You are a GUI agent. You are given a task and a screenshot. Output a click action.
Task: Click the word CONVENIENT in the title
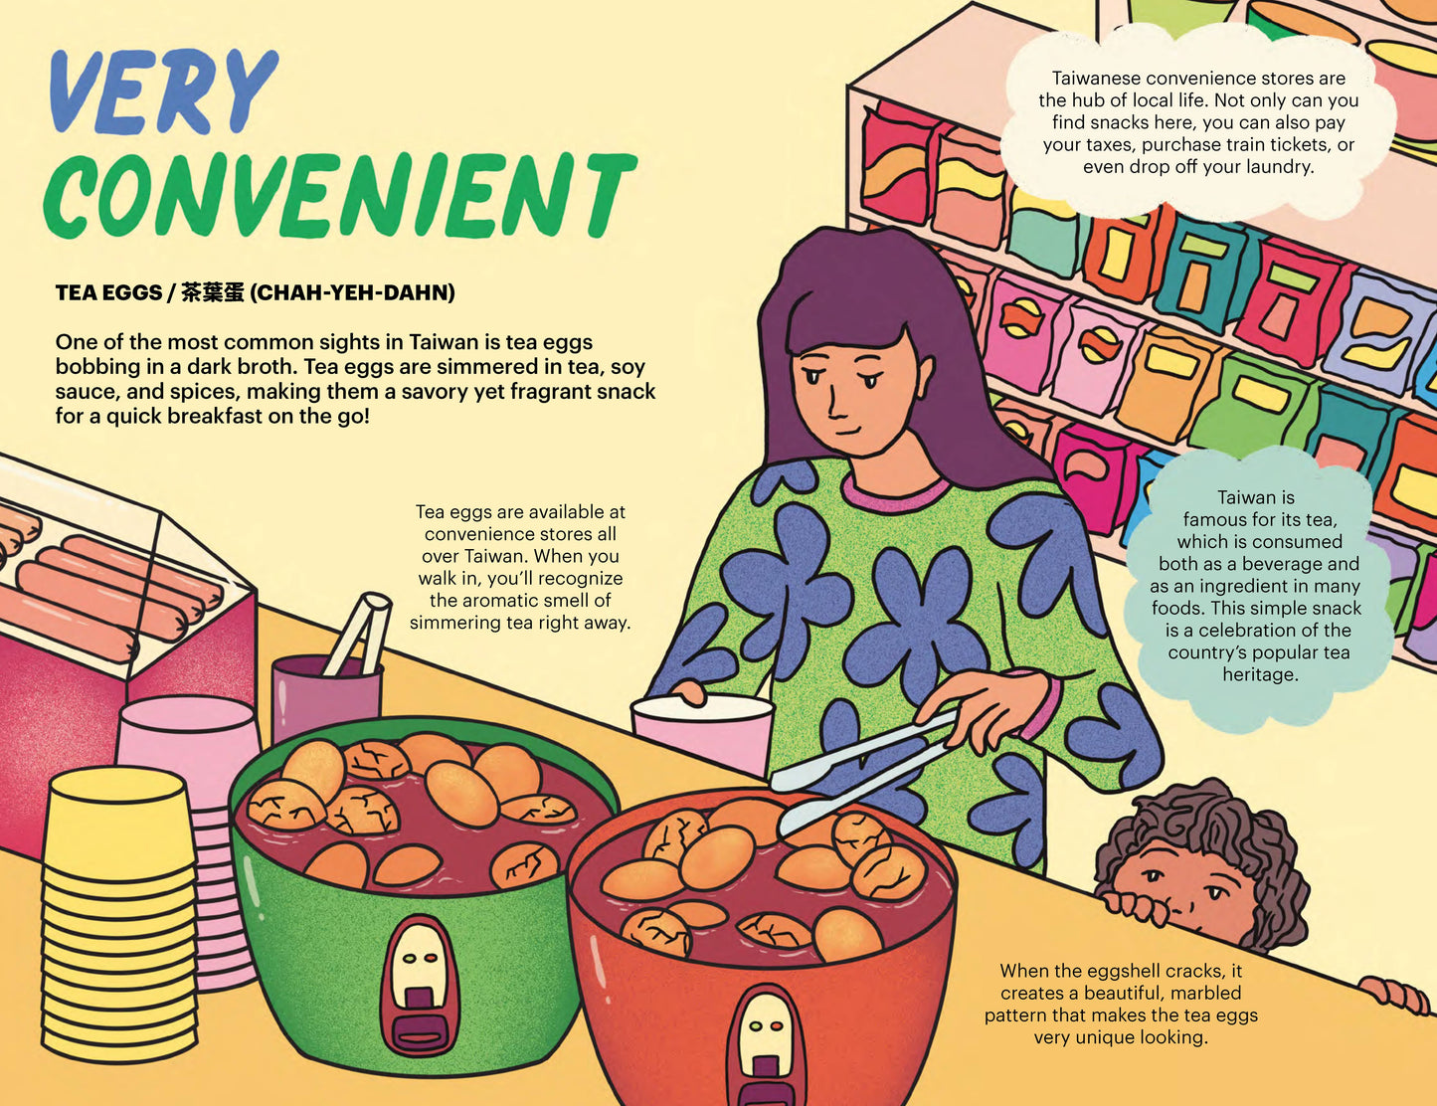coord(338,194)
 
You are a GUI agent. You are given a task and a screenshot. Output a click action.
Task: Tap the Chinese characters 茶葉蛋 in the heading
coord(213,292)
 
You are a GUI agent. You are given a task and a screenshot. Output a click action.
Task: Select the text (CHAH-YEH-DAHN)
coord(352,292)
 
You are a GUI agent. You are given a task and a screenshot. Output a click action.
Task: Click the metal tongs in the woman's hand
coord(855,771)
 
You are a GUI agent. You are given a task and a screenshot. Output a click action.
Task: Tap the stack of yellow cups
coord(118,915)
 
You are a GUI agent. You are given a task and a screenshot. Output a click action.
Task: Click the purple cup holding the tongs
coord(324,696)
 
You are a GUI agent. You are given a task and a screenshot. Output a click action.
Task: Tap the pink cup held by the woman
coord(701,731)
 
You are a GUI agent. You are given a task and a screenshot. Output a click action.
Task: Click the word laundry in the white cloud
coord(1279,167)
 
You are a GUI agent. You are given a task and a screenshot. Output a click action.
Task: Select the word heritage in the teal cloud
coord(1259,674)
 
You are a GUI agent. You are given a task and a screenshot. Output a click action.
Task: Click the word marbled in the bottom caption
coord(1205,993)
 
